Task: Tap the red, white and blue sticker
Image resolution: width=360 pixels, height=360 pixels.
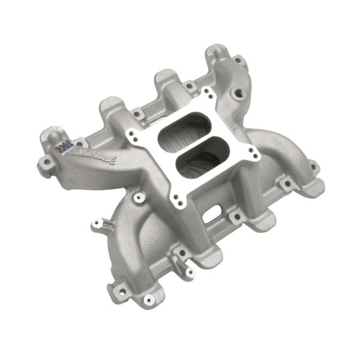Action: pyautogui.click(x=63, y=145)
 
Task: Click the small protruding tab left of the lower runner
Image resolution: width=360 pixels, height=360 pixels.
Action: pyautogui.click(x=96, y=225)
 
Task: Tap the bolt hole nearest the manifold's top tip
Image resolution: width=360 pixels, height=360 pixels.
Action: pyautogui.click(x=238, y=60)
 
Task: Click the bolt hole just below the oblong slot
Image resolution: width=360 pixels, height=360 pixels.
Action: pyautogui.click(x=238, y=217)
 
